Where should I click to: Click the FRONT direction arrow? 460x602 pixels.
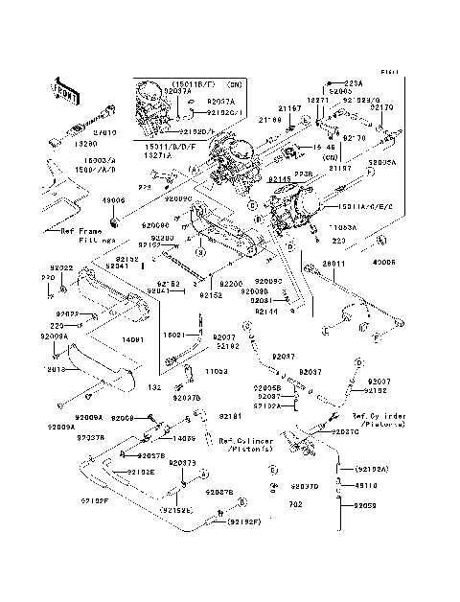tap(64, 88)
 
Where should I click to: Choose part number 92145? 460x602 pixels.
tap(254, 178)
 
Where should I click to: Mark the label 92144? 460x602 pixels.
tap(265, 312)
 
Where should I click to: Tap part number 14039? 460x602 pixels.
tap(185, 438)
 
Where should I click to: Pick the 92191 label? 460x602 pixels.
tap(229, 417)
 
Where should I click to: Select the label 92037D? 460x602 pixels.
tap(304, 487)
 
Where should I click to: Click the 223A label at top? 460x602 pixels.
tap(354, 83)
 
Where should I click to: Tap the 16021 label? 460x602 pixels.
tap(172, 336)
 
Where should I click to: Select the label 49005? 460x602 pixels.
tap(398, 260)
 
